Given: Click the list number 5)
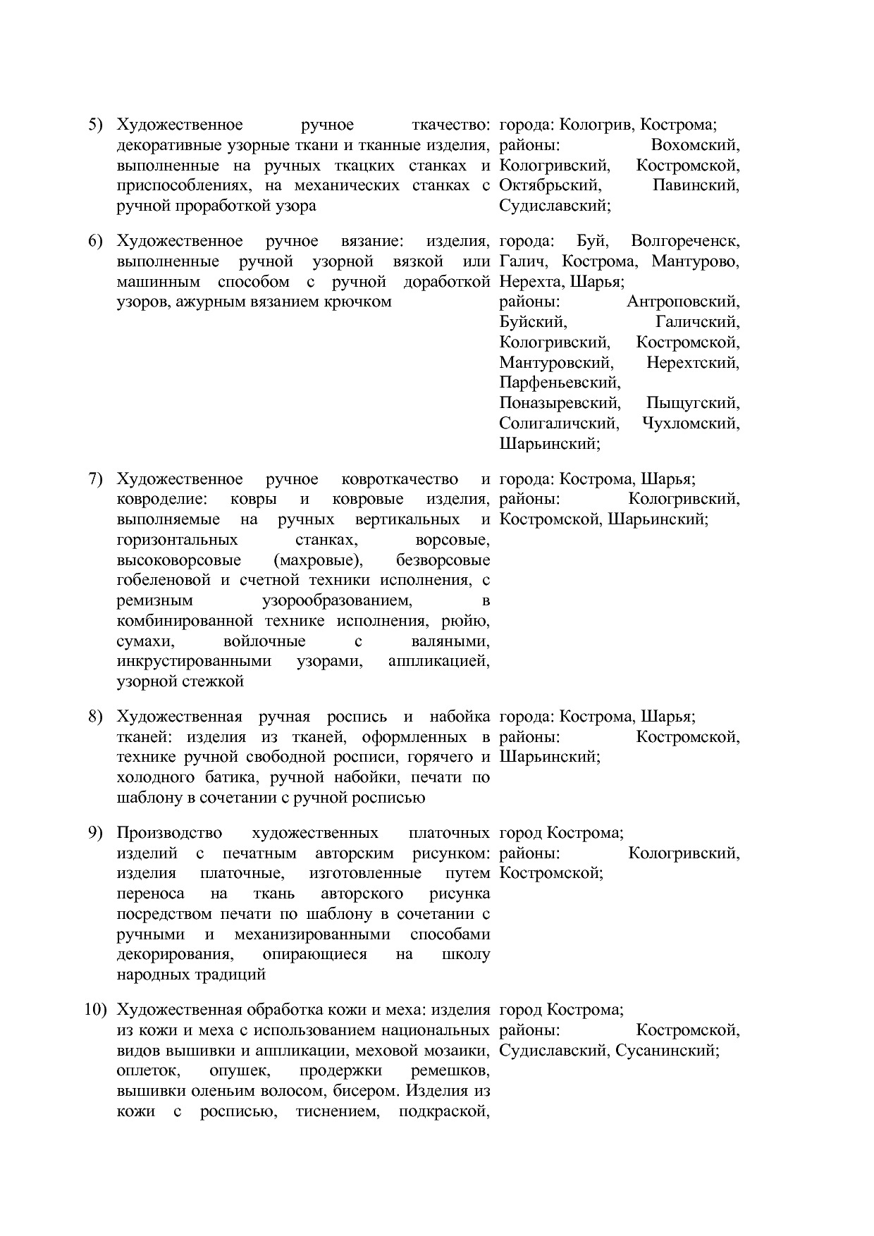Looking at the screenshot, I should pyautogui.click(x=95, y=125).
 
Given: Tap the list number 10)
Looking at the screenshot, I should pyautogui.click(x=95, y=1010).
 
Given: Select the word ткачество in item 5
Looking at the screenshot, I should pyautogui.click(x=450, y=125).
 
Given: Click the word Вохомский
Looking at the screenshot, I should pyautogui.click(x=695, y=146).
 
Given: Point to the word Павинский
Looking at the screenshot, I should pyautogui.click(x=696, y=186).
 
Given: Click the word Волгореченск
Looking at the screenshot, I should pyautogui.click(x=685, y=242).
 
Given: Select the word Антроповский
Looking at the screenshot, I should pyautogui.click(x=683, y=302).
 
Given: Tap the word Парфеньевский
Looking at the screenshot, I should pyautogui.click(x=560, y=383).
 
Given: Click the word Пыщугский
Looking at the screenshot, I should pyautogui.click(x=693, y=404).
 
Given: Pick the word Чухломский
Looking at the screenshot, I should pyautogui.click(x=691, y=424).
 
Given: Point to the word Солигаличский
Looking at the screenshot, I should pyautogui.click(x=559, y=424).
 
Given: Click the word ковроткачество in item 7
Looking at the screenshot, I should pyautogui.click(x=400, y=480).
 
